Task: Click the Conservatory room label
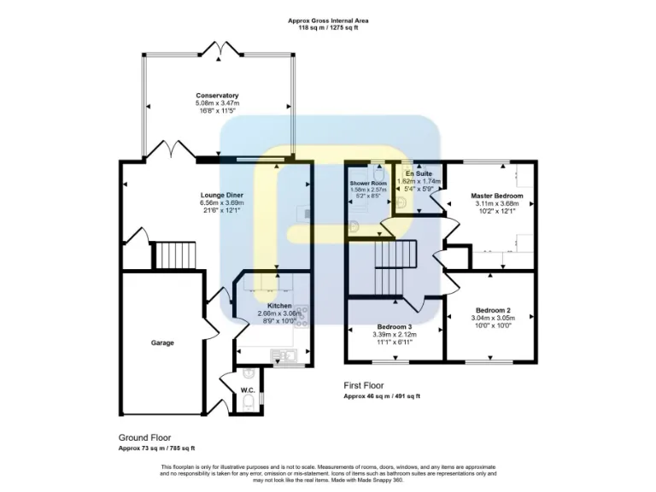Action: [x=217, y=95]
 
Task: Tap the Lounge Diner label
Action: [x=222, y=196]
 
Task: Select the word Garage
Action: [x=162, y=343]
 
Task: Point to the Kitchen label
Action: [x=279, y=306]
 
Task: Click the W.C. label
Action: [x=248, y=390]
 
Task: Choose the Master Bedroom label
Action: [x=497, y=196]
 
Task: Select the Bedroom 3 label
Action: [x=395, y=326]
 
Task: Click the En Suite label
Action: [x=419, y=174]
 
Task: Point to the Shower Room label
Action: [x=368, y=184]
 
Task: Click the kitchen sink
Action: [x=280, y=354]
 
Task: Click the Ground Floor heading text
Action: [x=145, y=436]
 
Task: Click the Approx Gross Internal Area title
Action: [x=328, y=20]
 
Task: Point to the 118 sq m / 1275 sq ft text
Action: [x=328, y=28]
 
